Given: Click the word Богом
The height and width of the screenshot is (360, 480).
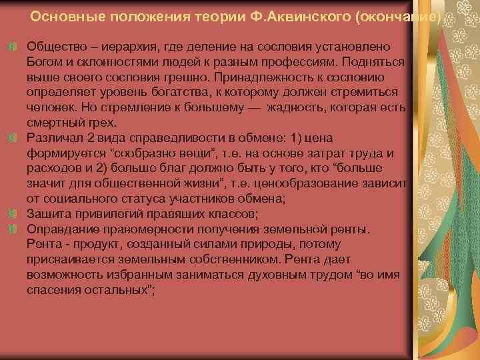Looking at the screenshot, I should click(x=43, y=62).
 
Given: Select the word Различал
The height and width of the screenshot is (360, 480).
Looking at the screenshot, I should click(x=53, y=138).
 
